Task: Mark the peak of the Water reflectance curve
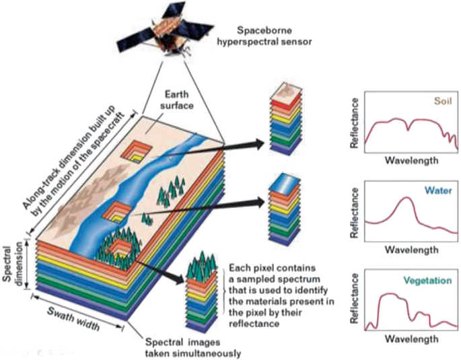coord(406,197)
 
